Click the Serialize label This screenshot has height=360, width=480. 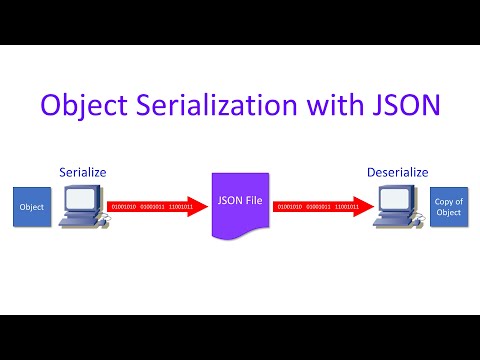tap(81, 172)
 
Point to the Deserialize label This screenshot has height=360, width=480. tap(398, 172)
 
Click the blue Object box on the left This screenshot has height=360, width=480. tap(30, 207)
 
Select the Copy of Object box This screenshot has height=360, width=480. tap(449, 207)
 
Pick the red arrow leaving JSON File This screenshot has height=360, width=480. tap(320, 207)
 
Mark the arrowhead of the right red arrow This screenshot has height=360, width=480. tap(364, 207)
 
